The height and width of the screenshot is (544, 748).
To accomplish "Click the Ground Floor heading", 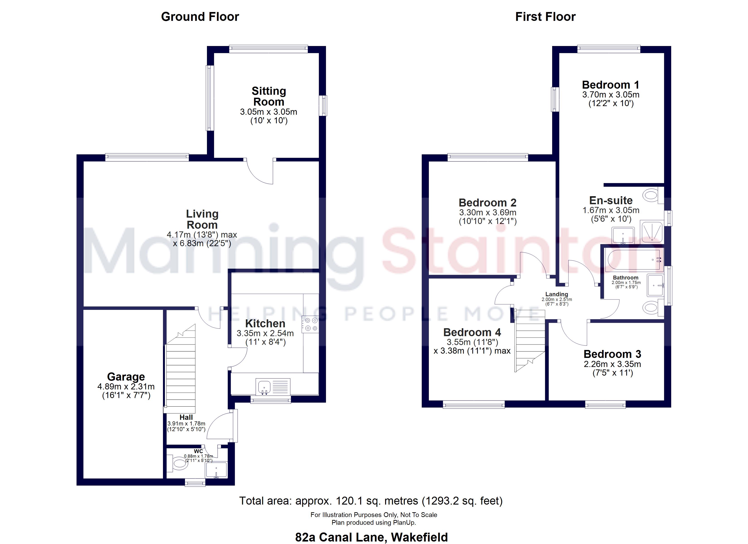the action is pyautogui.click(x=200, y=17).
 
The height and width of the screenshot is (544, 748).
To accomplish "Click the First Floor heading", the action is pyautogui.click(x=546, y=17).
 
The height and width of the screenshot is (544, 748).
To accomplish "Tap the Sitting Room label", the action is pyautogui.click(x=269, y=96).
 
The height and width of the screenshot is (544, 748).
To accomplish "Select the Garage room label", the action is pyautogui.click(x=126, y=377).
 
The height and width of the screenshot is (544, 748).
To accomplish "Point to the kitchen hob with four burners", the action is pyautogui.click(x=310, y=324).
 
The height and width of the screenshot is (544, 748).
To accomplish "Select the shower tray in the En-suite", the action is pyautogui.click(x=651, y=232).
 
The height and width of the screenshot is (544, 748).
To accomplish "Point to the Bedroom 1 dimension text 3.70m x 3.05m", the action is pyautogui.click(x=611, y=95).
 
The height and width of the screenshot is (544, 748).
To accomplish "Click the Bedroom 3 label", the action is pyautogui.click(x=612, y=354).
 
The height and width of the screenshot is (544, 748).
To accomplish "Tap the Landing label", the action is pyautogui.click(x=557, y=294).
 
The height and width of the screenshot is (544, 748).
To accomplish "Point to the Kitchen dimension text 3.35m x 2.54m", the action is pyautogui.click(x=265, y=333).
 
